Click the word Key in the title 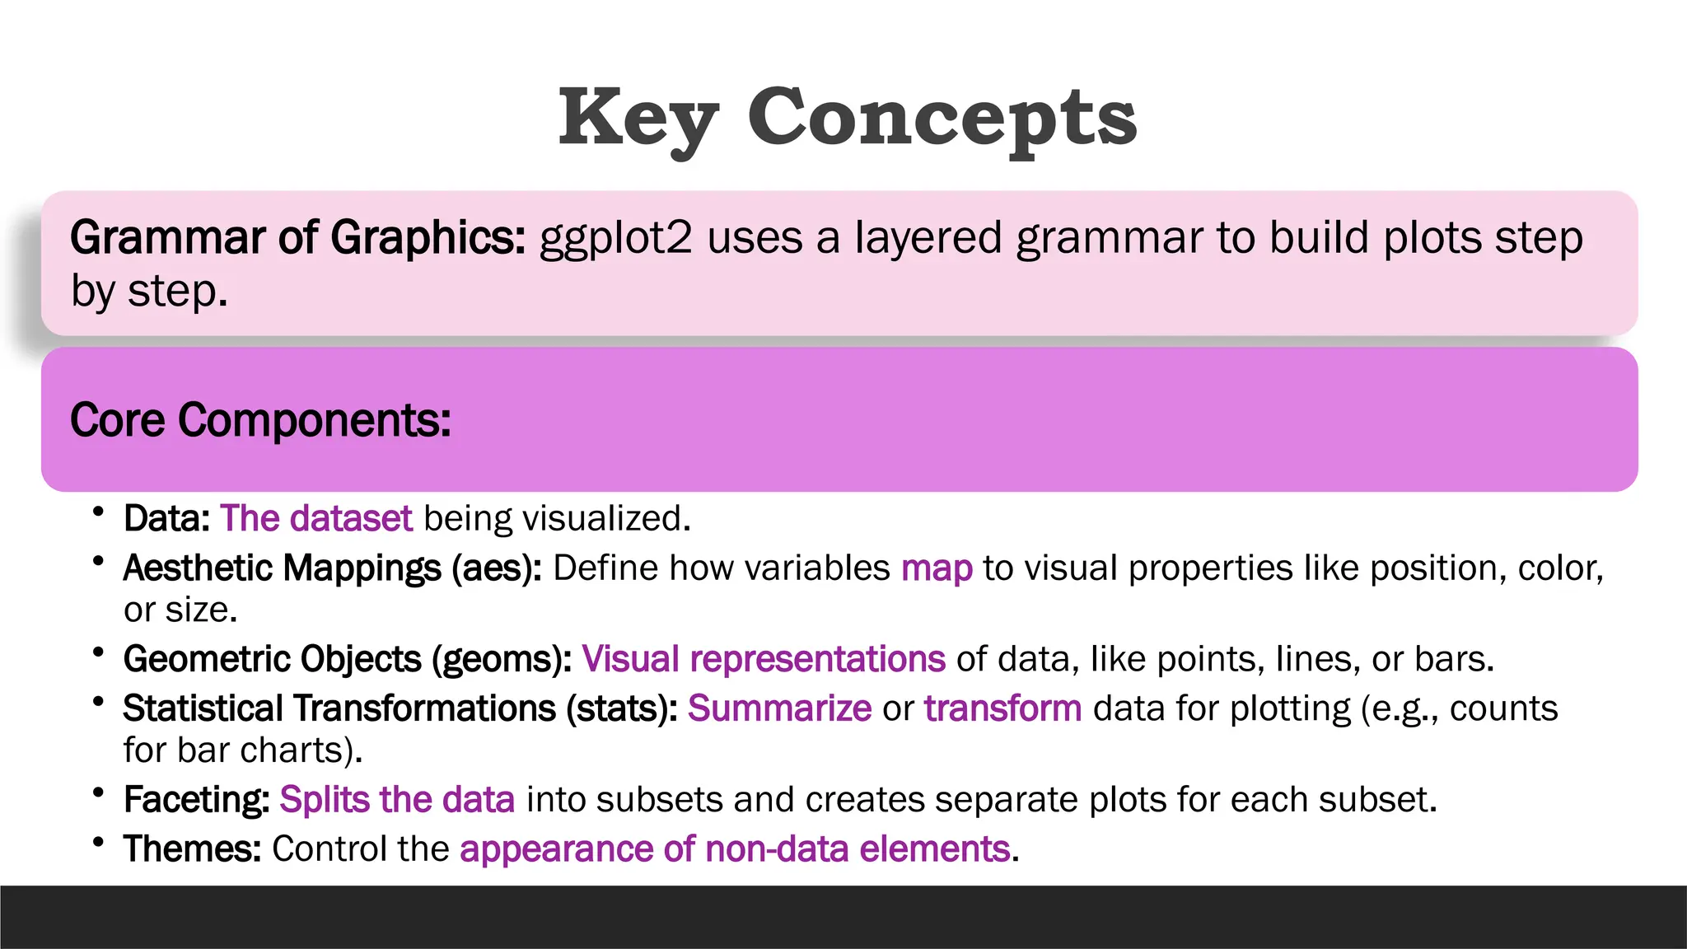tap(638, 119)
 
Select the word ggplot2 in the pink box tap(615, 238)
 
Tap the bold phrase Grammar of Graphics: tap(297, 238)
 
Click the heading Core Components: tap(260, 420)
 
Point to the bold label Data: tap(167, 519)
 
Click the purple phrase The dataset tap(316, 519)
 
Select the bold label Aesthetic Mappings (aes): tap(332, 568)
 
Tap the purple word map tap(937, 568)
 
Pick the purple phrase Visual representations tap(764, 659)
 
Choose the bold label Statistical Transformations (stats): tap(400, 708)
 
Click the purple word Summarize tap(779, 708)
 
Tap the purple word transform tap(1002, 708)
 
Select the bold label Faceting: tap(196, 800)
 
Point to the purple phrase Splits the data tap(397, 800)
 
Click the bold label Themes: tap(192, 849)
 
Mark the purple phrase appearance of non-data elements tap(735, 849)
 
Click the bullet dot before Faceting tap(99, 792)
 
